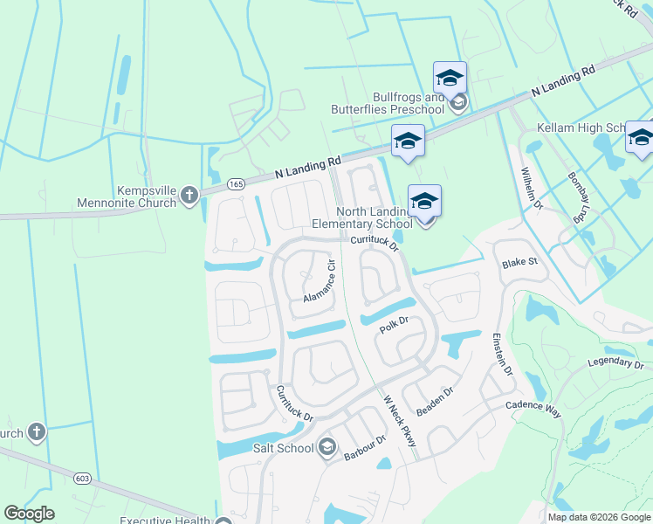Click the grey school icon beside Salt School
pos(326,448)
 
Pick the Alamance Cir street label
pos(320,280)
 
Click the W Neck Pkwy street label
pos(400,423)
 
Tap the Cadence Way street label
pos(533,407)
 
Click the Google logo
pos(30,514)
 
